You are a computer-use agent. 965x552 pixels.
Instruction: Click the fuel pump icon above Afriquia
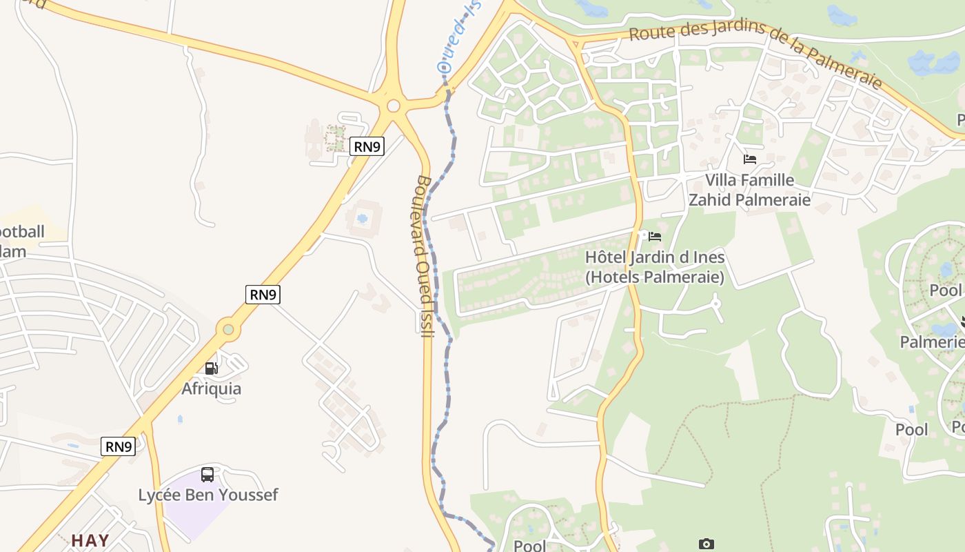pos(212,368)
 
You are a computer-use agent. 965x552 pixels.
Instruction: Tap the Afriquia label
pos(212,388)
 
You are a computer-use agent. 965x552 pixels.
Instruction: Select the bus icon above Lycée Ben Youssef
pos(207,475)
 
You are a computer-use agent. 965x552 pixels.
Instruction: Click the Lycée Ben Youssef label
pos(208,495)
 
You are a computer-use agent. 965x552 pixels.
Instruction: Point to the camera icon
pos(706,544)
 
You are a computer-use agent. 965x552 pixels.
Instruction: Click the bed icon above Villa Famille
pos(750,159)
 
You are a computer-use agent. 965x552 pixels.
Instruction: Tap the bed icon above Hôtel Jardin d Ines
pos(655,237)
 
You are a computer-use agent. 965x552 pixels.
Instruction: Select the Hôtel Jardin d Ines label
pos(655,267)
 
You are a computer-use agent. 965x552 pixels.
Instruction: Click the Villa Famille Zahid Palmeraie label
pos(750,190)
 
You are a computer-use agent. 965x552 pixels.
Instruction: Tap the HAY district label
pos(90,540)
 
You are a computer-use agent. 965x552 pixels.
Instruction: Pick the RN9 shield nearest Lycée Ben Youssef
pos(119,446)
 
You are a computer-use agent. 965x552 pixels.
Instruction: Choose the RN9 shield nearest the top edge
pos(367,146)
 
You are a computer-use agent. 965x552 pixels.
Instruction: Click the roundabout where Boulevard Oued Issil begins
pos(394,106)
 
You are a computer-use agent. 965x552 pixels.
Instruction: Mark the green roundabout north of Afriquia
pos(227,331)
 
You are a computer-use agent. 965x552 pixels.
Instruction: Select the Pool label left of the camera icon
pos(529,546)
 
